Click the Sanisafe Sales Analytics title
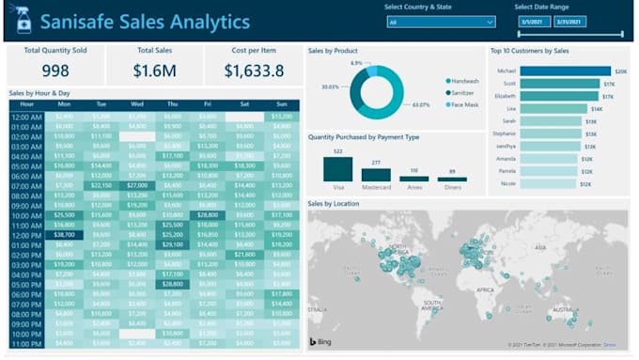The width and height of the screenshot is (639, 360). pos(145,22)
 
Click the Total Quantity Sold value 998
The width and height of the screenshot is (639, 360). pos(55,70)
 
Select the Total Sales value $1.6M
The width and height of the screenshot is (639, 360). pos(155,70)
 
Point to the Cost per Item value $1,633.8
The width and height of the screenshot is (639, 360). pos(254,70)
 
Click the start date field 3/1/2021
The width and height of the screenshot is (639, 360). pos(532,22)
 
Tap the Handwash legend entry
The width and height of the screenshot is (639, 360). pos(464,81)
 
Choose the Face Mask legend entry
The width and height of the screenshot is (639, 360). pos(464,103)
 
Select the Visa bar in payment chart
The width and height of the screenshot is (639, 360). pos(337,169)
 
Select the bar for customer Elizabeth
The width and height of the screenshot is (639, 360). pos(560,96)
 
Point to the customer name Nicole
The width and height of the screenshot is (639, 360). pos(508,184)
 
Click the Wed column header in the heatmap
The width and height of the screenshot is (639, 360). pos(137,104)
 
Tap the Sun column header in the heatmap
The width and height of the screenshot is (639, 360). pos(281,104)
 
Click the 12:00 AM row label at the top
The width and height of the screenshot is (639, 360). pos(25,116)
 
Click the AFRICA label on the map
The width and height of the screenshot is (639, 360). pos(485,291)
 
